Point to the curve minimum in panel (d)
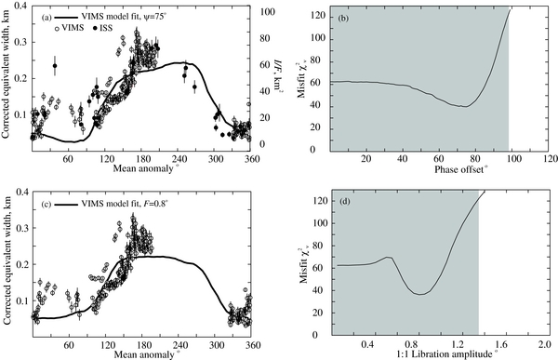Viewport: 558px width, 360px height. coord(421,294)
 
